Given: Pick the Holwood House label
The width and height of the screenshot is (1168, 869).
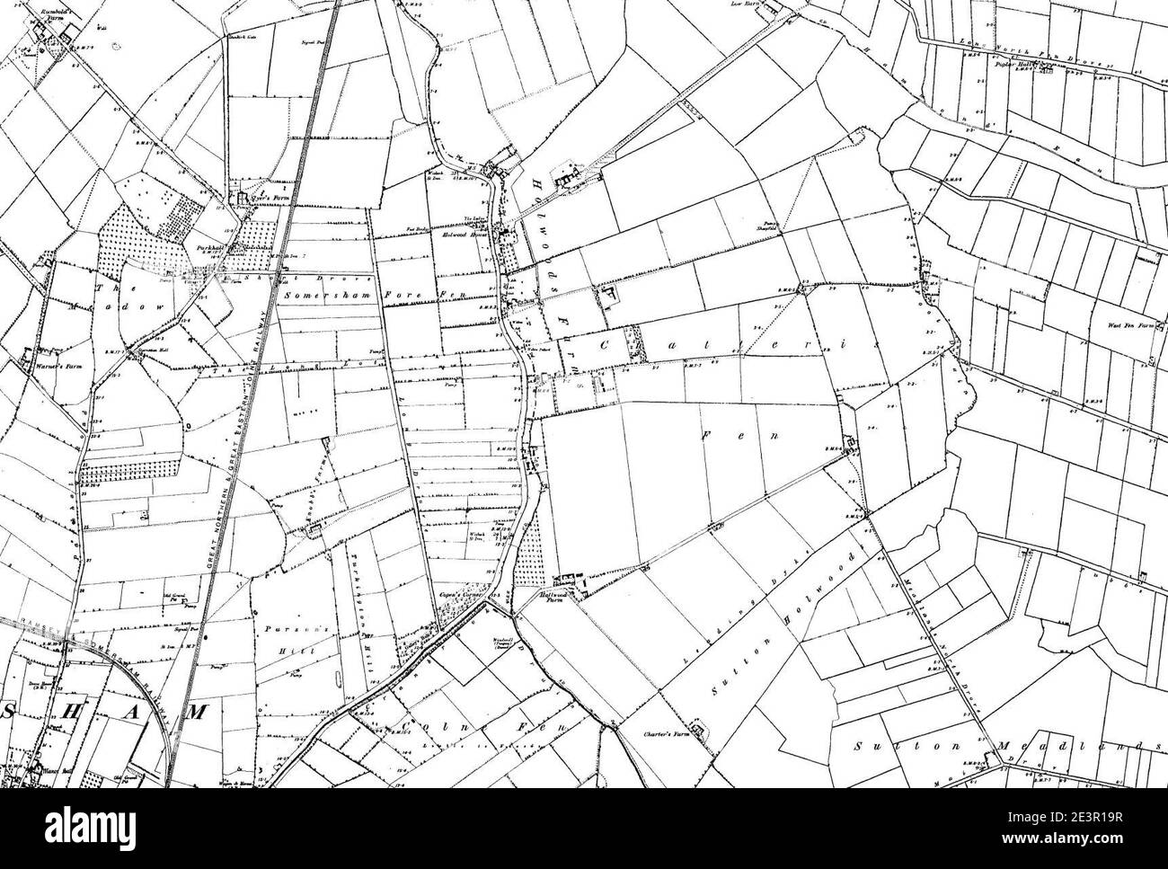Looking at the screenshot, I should pyautogui.click(x=463, y=233).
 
